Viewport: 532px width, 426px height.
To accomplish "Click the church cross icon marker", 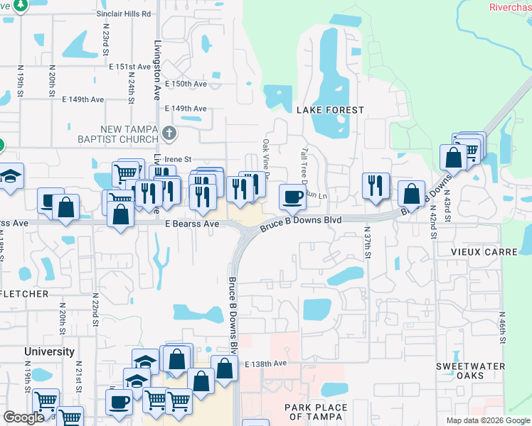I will coord(169,133).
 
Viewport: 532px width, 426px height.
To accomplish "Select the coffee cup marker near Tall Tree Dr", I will coord(292,197).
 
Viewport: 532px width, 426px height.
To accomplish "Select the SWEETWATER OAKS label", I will coord(471,371).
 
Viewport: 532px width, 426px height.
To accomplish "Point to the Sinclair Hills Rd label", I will coord(125,13).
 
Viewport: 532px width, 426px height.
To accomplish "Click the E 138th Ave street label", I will coord(265,364).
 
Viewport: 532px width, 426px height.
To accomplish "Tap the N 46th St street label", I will coord(502,327).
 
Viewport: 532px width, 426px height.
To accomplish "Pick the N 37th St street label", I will coord(368,244).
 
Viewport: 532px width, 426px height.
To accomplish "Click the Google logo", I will coord(23,417).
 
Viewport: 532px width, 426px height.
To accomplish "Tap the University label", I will coord(49,351).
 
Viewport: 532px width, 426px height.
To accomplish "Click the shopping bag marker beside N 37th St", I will coord(412,192).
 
